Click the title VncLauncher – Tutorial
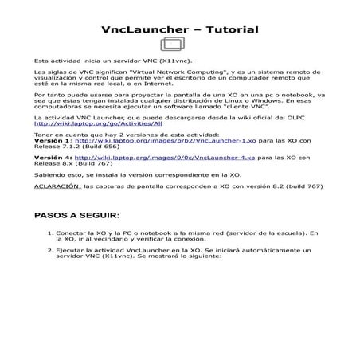(180, 30)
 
